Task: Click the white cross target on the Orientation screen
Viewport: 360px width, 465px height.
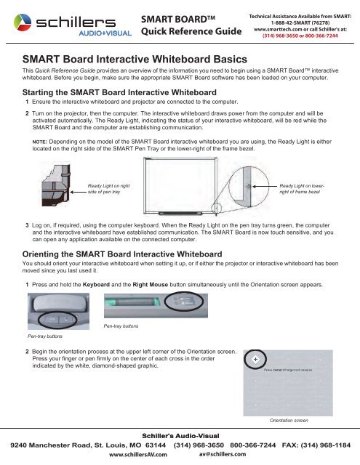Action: click(x=253, y=360)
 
